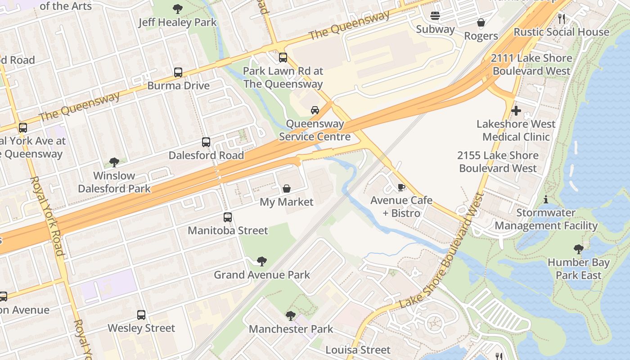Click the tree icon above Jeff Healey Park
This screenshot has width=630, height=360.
click(178, 9)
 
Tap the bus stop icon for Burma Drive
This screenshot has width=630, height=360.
click(178, 72)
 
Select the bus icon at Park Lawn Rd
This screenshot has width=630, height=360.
click(283, 58)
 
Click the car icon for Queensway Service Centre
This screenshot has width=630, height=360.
click(315, 110)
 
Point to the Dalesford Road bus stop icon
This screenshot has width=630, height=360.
click(206, 142)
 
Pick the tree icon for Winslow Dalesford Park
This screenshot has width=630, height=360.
click(114, 162)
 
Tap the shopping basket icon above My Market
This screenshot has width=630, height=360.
click(286, 189)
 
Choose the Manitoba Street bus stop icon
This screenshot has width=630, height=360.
click(228, 217)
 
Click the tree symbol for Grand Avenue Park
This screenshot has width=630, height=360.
click(261, 261)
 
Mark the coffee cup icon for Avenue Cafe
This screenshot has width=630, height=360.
click(401, 187)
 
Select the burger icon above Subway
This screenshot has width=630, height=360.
click(435, 16)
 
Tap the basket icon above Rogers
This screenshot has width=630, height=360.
click(481, 22)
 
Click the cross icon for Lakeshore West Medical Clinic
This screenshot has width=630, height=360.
click(516, 110)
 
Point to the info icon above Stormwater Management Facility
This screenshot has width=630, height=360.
click(546, 199)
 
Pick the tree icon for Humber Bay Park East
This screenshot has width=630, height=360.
click(579, 249)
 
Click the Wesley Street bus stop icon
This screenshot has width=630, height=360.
click(141, 315)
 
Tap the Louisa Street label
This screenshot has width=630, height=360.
click(358, 350)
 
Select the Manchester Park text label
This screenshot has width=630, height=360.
click(291, 329)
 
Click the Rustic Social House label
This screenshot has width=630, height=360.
click(561, 32)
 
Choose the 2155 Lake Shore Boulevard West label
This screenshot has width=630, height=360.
click(498, 162)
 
